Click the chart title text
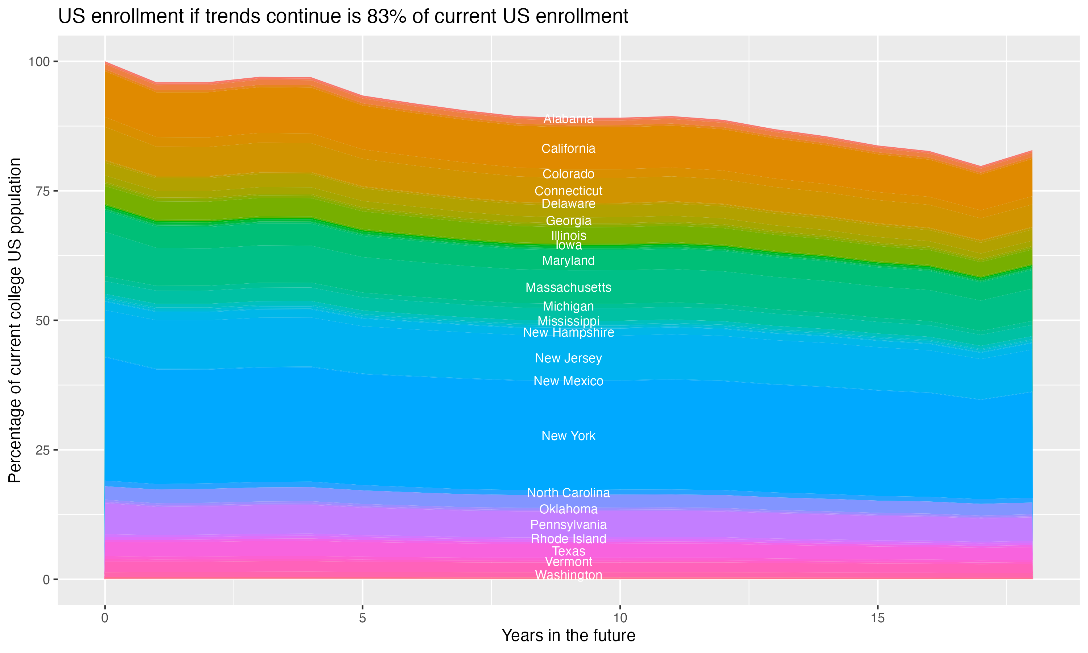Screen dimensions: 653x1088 (x=343, y=17)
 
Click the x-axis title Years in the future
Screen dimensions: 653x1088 (x=568, y=635)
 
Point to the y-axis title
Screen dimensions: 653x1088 (x=15, y=320)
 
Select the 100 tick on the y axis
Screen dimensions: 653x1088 (x=39, y=62)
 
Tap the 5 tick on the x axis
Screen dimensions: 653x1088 (x=362, y=618)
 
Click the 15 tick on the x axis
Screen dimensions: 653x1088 (x=878, y=618)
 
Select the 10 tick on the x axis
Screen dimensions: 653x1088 (x=620, y=618)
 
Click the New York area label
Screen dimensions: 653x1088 (x=568, y=436)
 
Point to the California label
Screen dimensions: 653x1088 (x=568, y=149)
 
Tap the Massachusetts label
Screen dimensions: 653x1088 (x=568, y=287)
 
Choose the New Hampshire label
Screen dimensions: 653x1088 (x=568, y=333)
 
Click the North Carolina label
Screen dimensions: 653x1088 (x=568, y=493)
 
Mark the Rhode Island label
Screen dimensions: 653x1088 (x=568, y=539)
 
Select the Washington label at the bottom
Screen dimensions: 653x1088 (x=568, y=575)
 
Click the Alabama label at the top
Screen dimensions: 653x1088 (x=568, y=119)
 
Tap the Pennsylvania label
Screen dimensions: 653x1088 (x=568, y=525)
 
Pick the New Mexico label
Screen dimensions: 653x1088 (x=568, y=381)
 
